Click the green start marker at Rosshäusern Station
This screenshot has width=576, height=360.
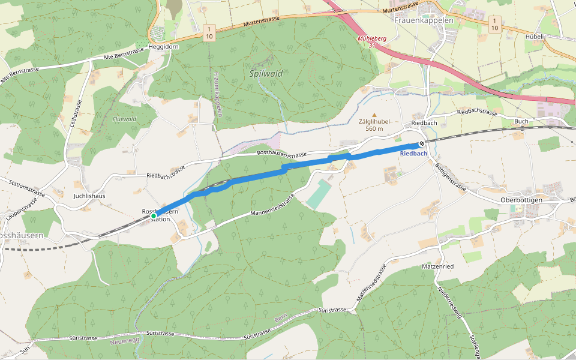(x=154, y=215)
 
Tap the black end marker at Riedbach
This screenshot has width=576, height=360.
(x=422, y=143)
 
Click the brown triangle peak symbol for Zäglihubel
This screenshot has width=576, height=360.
(x=375, y=115)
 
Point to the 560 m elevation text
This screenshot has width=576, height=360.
(x=375, y=128)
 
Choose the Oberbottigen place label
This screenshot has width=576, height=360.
(x=521, y=200)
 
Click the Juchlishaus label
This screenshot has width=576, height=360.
(x=89, y=196)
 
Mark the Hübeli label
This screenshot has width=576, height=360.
(x=533, y=37)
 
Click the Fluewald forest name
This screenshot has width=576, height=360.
(x=124, y=119)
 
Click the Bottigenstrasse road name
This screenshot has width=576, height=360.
(x=450, y=177)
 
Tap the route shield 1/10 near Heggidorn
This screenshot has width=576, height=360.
(x=209, y=32)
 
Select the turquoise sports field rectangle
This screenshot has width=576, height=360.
(x=319, y=194)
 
